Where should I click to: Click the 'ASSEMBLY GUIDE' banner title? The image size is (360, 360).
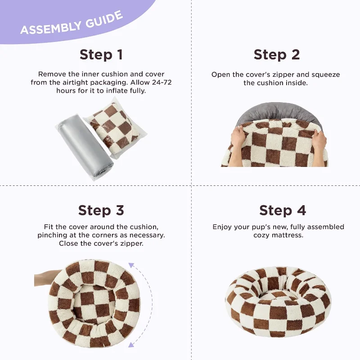(x=72, y=23)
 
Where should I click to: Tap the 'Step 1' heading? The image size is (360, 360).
(x=101, y=55)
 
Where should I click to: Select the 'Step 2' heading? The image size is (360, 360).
(x=277, y=55)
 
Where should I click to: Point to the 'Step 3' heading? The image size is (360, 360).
(x=101, y=211)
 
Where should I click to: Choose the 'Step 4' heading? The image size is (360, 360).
(x=283, y=211)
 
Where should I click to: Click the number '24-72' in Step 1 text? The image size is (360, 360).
(x=162, y=82)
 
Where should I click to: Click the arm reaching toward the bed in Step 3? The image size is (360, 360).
(x=47, y=278)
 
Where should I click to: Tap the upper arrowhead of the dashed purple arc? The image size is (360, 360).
(x=131, y=265)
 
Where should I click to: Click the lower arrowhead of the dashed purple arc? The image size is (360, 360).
(x=131, y=344)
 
